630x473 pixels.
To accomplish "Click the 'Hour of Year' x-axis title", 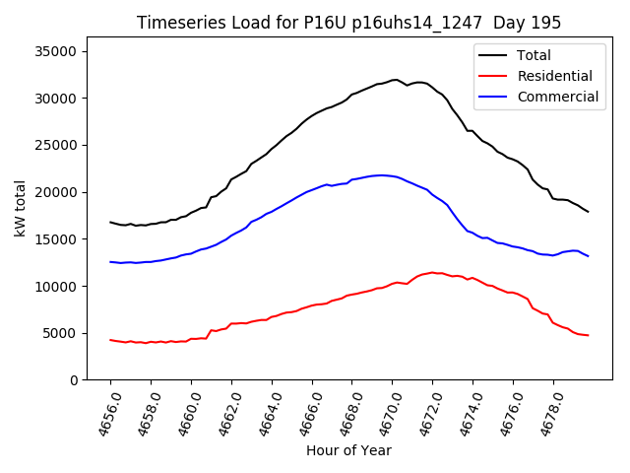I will pos(348,450).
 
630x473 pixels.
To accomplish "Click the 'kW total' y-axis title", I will pos(20,209).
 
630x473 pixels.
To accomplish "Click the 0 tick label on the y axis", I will pos(76,380).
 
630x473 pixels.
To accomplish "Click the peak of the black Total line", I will pos(395,80).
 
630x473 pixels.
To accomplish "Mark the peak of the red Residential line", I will pos(432,272).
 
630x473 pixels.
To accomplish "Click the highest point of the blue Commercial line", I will pos(381,175).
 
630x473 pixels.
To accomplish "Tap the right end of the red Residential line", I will pos(588,335).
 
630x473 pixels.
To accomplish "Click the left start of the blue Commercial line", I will pos(110,261).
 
